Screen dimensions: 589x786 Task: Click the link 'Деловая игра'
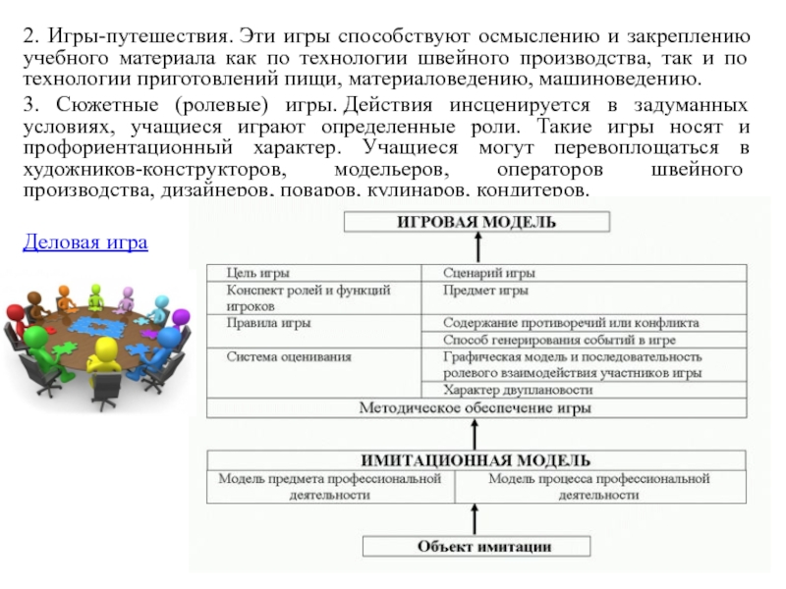pos(84,241)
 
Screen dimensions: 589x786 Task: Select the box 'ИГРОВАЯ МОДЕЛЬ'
pos(477,223)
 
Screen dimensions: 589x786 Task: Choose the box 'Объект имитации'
pos(477,546)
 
